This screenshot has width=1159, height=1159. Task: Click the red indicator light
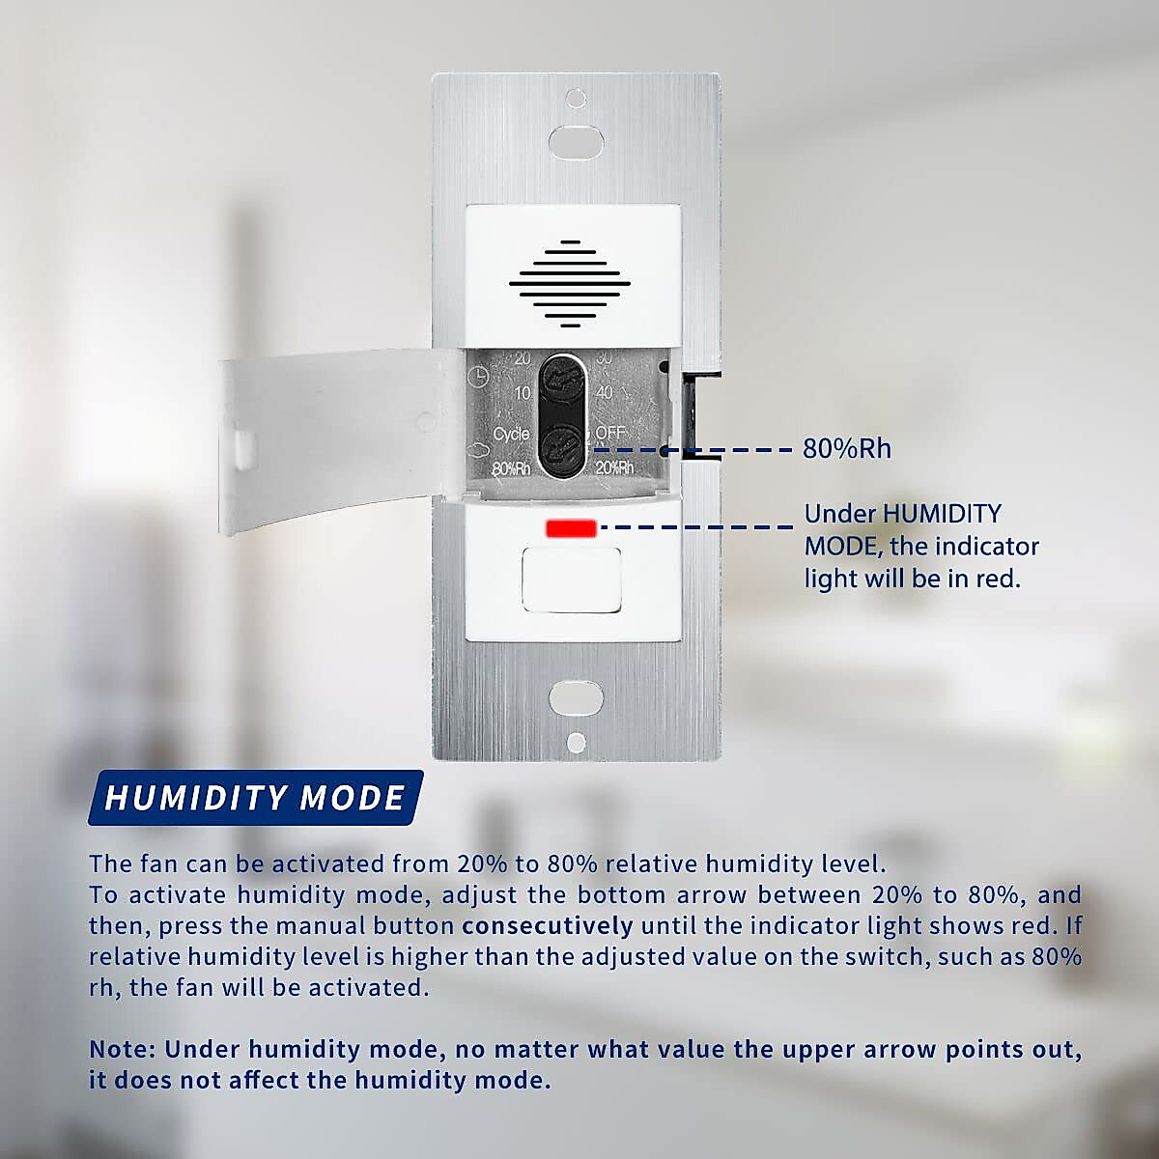571,527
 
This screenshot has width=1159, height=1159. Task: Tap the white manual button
570,579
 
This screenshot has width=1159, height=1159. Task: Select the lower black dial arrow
560,447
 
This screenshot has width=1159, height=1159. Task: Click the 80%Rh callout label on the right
847,449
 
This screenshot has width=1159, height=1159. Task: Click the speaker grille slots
570,281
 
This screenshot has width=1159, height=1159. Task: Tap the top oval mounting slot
576,141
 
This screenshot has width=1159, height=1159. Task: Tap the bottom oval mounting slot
576,697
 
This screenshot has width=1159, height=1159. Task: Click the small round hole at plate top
576,99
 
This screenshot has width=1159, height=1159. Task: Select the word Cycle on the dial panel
511,434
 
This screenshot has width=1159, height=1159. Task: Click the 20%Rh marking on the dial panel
614,467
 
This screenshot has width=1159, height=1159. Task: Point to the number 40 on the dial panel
604,392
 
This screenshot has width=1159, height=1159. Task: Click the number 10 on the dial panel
523,393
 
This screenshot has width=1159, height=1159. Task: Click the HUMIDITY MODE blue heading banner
255,798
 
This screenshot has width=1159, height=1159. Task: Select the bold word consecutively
548,926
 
